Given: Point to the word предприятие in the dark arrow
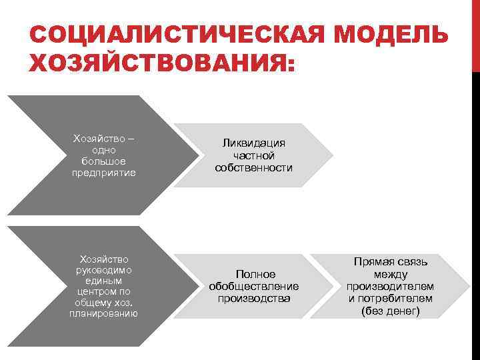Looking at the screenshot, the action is pyautogui.click(x=103, y=173).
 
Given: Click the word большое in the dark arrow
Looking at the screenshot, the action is pyautogui.click(x=103, y=162).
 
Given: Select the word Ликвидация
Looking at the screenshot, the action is pyautogui.click(x=253, y=143).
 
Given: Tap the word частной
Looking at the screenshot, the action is pyautogui.click(x=253, y=155).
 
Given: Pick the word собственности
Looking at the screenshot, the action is pyautogui.click(x=253, y=167).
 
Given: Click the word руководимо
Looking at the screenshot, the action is pyautogui.click(x=103, y=270).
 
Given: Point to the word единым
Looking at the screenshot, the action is pyautogui.click(x=103, y=281).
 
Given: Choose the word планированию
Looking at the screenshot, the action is pyautogui.click(x=103, y=313).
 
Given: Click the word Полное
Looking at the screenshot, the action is pyautogui.click(x=253, y=274).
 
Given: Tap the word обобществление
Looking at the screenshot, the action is pyautogui.click(x=253, y=286).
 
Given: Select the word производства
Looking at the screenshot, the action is pyautogui.click(x=253, y=298).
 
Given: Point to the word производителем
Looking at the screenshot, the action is pyautogui.click(x=390, y=286).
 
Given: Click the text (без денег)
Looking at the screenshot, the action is pyautogui.click(x=390, y=311).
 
